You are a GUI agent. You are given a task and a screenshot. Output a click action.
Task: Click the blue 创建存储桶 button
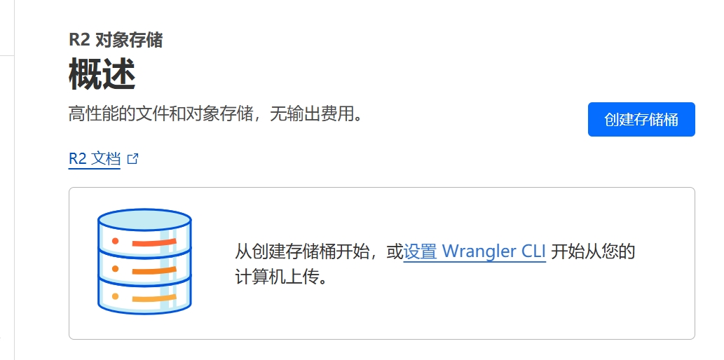point(641,120)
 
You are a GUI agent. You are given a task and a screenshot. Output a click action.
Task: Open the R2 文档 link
point(94,159)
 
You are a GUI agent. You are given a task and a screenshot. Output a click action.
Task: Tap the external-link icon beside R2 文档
point(132,159)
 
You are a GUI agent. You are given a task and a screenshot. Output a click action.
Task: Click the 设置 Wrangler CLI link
point(474,251)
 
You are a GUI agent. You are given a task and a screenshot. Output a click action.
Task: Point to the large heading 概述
point(102,74)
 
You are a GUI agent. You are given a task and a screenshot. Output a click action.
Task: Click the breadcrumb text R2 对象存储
point(116,40)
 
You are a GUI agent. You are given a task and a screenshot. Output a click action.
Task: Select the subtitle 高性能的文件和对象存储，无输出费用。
point(216,113)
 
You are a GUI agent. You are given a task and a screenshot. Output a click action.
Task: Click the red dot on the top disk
point(115,241)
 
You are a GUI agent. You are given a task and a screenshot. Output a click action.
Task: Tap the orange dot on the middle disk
point(115,269)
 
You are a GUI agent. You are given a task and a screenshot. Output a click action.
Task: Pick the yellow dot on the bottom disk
point(115,296)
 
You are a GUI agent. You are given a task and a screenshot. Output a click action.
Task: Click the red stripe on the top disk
point(154,242)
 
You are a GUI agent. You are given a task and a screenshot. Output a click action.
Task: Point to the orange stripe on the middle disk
point(154,270)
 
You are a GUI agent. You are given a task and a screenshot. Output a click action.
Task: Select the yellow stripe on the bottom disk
point(154,298)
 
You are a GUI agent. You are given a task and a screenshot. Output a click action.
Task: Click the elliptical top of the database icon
point(144,220)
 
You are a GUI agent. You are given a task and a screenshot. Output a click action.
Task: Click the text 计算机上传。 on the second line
point(281,277)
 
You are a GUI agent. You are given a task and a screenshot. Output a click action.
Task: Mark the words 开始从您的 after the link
point(594,251)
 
